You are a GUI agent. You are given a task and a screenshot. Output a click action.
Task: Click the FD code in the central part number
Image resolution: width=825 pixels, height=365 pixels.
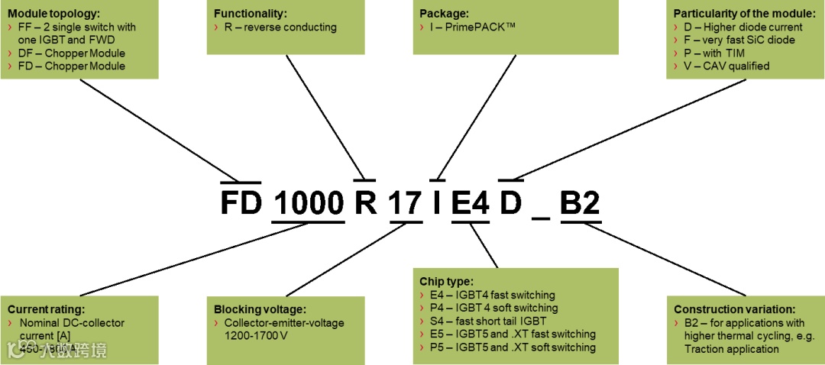pyautogui.click(x=241, y=203)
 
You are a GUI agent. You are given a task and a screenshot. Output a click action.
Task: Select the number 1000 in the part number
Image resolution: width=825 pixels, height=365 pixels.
pyautogui.click(x=309, y=203)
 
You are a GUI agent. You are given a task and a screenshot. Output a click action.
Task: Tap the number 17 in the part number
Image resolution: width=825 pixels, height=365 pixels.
pyautogui.click(x=405, y=203)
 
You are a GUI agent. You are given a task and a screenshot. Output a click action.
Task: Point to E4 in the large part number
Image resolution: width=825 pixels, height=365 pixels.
pyautogui.click(x=470, y=203)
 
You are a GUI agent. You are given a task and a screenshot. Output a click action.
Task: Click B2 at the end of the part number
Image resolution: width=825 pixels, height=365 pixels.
pyautogui.click(x=580, y=203)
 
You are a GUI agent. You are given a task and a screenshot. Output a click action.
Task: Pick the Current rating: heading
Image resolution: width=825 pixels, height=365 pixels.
pyautogui.click(x=46, y=309)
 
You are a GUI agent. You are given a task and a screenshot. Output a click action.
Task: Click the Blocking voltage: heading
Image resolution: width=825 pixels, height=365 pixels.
pyautogui.click(x=260, y=309)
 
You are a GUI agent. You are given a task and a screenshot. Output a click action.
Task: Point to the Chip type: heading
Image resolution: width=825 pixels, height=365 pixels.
pyautogui.click(x=447, y=281)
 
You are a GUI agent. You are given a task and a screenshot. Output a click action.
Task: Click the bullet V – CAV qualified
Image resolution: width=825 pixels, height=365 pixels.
pyautogui.click(x=726, y=66)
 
